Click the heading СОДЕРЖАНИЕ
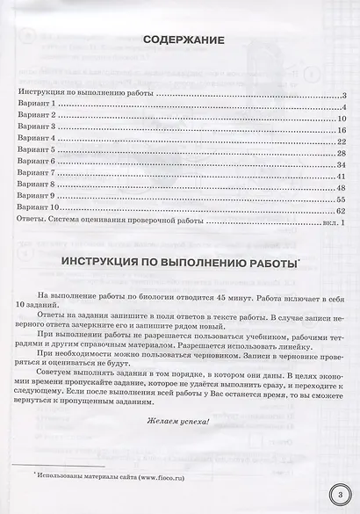(x=182, y=41)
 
